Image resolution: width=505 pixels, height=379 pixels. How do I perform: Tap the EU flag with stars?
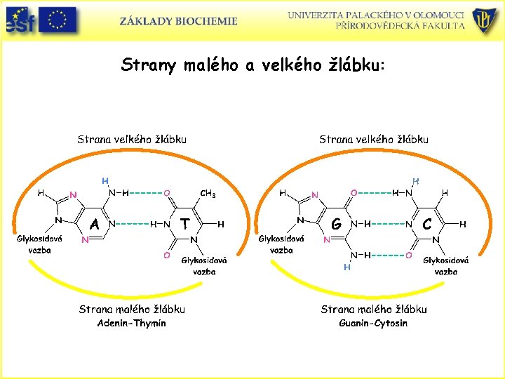tap(58, 20)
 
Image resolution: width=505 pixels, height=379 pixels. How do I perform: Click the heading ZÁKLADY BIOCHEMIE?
tap(178, 21)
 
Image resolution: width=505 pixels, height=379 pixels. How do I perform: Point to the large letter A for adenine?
tap(94, 224)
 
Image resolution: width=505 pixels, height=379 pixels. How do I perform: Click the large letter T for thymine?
tap(184, 224)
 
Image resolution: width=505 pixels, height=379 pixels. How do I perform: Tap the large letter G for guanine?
tap(337, 225)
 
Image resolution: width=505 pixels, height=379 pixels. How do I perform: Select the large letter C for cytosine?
tap(427, 224)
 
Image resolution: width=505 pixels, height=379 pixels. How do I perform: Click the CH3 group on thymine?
tap(208, 193)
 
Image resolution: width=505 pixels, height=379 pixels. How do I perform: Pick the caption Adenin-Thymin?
tap(132, 323)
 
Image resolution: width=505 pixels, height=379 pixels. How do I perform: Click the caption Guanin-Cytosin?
tap(373, 323)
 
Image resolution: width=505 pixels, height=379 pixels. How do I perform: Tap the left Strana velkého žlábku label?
tap(132, 139)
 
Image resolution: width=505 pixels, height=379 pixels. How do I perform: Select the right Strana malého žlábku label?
tap(373, 309)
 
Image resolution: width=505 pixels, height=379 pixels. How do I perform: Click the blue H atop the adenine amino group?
tap(105, 180)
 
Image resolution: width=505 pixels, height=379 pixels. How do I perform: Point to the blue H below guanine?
tap(346, 267)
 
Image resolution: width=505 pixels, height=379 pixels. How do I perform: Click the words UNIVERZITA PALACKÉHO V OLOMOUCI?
tap(376, 15)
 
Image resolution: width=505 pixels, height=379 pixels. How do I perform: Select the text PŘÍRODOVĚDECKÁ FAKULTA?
tap(400, 25)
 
